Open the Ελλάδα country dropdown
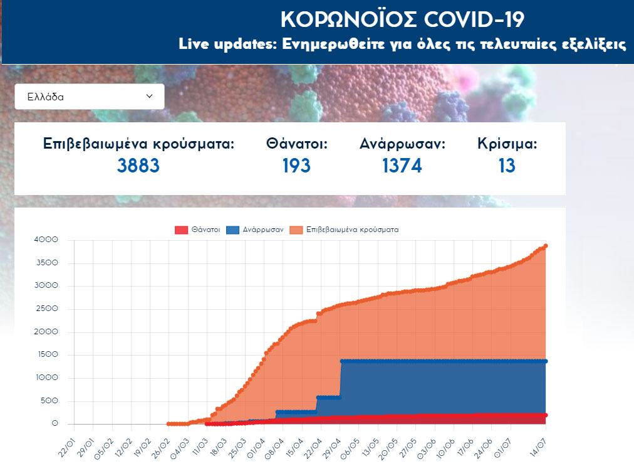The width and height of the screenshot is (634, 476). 90,97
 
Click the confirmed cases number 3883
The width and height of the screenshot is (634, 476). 138,166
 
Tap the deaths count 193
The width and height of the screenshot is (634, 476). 296,166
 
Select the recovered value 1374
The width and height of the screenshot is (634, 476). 402,166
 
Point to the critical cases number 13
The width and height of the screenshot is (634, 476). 507,166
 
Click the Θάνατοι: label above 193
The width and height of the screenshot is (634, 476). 297,144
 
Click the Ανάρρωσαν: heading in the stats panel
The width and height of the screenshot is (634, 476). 402,144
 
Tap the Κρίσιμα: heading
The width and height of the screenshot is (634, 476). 507,144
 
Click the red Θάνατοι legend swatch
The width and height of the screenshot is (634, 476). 181,230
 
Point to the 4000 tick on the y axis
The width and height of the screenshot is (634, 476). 47,240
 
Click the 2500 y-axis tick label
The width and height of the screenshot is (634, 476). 47,309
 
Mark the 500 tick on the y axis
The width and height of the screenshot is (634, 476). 49,401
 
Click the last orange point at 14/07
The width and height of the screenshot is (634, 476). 546,246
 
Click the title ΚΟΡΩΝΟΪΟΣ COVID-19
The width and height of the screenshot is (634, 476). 402,19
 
